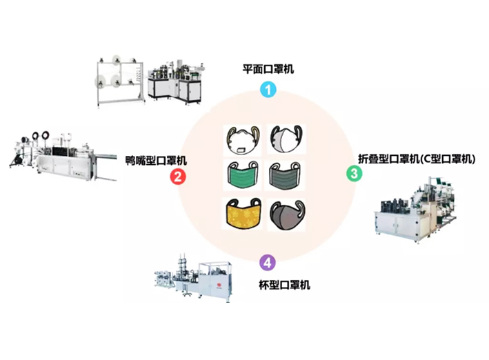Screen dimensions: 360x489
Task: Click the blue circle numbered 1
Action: (x=266, y=89)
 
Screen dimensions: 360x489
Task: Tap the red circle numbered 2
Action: (x=177, y=177)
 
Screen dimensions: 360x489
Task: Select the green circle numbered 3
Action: (x=354, y=174)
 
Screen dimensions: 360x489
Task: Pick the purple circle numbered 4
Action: (x=267, y=262)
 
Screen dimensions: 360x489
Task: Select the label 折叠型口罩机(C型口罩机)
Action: (x=417, y=158)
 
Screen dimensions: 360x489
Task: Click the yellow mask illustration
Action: (x=243, y=214)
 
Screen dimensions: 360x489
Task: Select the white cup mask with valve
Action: (x=243, y=138)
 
